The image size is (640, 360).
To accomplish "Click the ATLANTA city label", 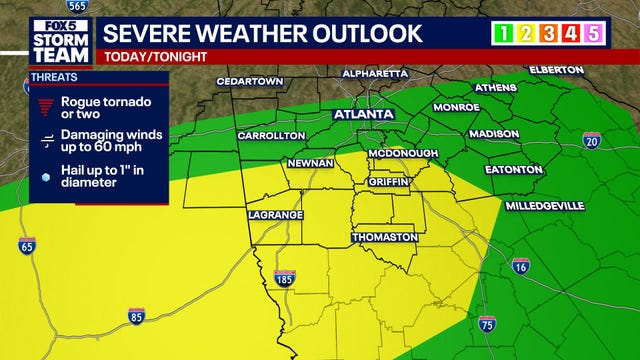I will point(363,115).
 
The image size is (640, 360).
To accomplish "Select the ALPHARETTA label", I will point(375,73).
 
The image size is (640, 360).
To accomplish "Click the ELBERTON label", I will point(557,70).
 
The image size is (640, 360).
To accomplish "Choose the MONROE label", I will point(457,107).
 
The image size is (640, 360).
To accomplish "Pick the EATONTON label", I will point(513,170).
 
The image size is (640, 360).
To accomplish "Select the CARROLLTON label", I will point(271,135).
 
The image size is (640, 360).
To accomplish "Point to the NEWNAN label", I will point(310,161).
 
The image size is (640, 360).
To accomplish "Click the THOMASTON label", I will point(384,237).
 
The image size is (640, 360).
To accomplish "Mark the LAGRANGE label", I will point(274,215).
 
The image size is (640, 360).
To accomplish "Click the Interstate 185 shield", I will point(284,276).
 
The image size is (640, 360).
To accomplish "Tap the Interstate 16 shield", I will point(520,266).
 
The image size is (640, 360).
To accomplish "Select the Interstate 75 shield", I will point(487,323).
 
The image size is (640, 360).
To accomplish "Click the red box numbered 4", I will point(572,34).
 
